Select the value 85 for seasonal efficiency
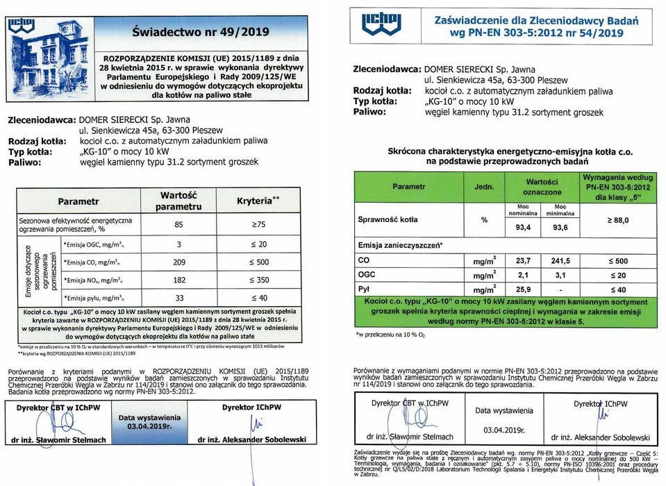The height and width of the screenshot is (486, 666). (179, 224)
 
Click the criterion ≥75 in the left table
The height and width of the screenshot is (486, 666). (258, 224)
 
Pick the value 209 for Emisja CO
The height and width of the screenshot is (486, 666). (179, 262)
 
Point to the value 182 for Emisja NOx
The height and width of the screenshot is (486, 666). (179, 280)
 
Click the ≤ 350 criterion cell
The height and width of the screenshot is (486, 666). (258, 280)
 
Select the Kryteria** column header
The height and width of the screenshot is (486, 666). (258, 201)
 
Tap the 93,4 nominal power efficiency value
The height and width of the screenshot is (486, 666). (523, 227)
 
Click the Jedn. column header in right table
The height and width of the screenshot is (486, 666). (484, 187)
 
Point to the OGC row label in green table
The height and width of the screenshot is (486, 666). (367, 275)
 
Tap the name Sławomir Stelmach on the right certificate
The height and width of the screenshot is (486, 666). (421, 437)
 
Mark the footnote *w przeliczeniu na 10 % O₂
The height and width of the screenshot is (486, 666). (392, 335)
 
